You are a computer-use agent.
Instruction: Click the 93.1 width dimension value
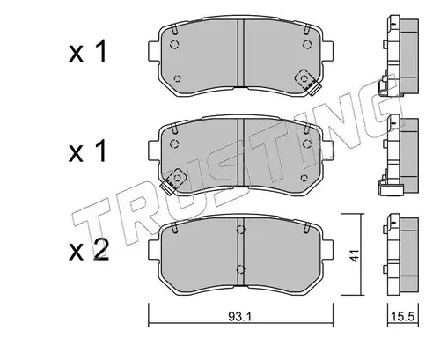click(240, 316)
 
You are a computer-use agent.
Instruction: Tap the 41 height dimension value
click(355, 255)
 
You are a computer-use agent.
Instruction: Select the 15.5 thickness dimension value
click(402, 317)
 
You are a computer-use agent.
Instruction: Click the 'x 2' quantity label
click(88, 251)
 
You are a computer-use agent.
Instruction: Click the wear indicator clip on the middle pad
click(173, 180)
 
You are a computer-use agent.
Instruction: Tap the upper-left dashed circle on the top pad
click(174, 45)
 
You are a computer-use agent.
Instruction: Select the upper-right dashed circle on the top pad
click(307, 45)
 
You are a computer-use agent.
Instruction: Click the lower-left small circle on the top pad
click(177, 78)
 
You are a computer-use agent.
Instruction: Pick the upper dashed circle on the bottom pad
click(240, 231)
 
